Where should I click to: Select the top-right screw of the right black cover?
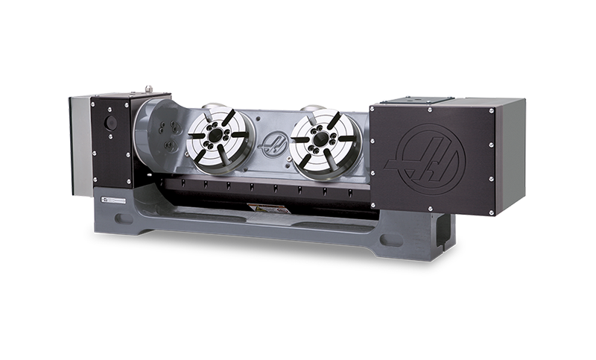point(489,111)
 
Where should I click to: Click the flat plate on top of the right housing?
point(417,99)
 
